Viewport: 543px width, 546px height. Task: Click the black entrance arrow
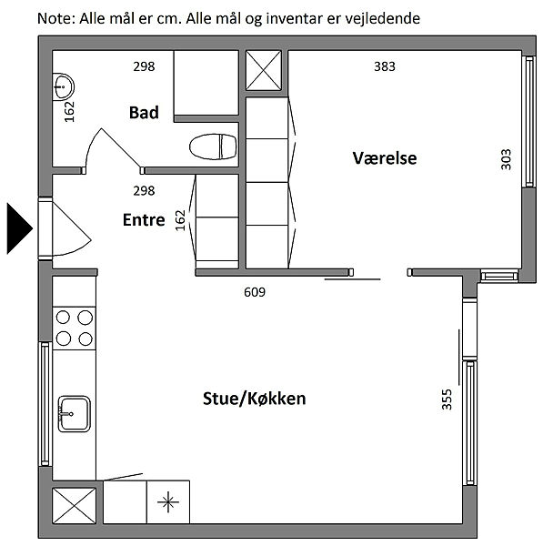tap(18, 228)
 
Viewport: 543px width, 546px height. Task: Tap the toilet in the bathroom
tap(213, 147)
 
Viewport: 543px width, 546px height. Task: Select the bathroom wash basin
tap(63, 86)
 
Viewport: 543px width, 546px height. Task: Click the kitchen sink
tap(75, 414)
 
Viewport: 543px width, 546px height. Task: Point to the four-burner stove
tap(75, 328)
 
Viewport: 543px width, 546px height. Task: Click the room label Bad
tap(144, 113)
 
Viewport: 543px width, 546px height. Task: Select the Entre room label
tap(144, 219)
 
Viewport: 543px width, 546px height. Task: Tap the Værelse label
tap(385, 157)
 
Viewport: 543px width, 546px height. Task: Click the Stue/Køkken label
tap(255, 399)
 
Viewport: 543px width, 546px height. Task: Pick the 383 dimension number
tap(385, 66)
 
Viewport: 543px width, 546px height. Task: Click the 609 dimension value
tap(255, 292)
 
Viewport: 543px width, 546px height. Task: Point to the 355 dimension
tap(447, 399)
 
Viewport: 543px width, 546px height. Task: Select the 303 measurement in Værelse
tap(506, 159)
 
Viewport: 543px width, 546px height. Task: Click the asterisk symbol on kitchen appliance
tap(168, 501)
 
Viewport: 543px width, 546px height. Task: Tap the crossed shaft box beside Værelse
tap(264, 71)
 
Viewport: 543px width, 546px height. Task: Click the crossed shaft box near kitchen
tap(75, 506)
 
